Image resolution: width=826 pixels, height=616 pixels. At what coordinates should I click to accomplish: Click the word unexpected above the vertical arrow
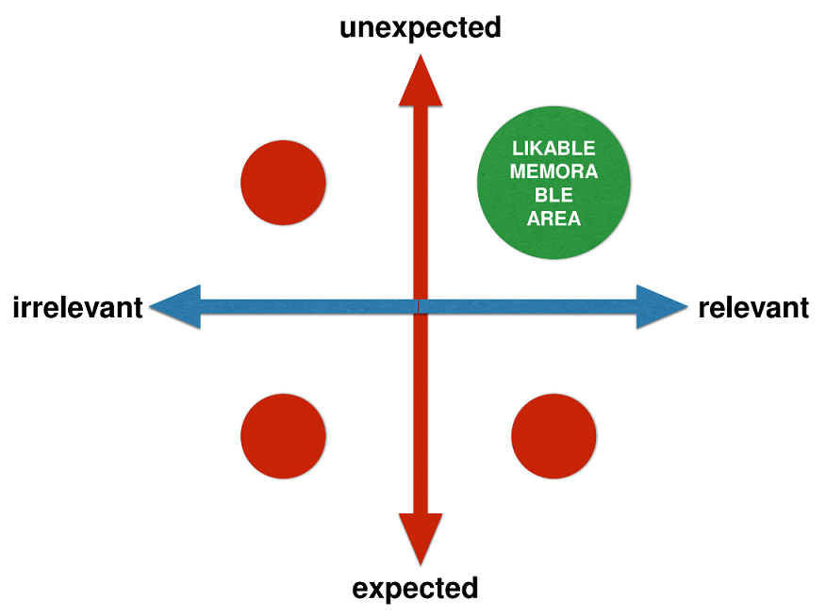420,28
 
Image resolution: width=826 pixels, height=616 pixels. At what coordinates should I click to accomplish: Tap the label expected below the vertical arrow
415,589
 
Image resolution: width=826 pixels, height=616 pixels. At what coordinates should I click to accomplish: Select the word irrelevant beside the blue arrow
77,307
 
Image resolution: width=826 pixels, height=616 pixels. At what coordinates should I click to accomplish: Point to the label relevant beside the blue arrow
753,307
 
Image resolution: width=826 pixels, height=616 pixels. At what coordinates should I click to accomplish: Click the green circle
553,183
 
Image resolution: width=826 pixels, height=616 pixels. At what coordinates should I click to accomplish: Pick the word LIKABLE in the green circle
553,148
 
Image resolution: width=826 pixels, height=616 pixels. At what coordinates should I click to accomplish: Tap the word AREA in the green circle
553,219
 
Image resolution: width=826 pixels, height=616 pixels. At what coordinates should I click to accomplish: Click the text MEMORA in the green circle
553,171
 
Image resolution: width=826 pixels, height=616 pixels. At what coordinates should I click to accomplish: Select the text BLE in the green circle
553,195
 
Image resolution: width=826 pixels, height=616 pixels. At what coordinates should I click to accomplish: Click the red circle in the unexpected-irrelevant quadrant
284,183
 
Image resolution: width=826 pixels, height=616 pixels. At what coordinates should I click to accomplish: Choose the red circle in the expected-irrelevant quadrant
284,436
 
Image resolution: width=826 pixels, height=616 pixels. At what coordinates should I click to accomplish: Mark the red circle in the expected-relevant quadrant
553,436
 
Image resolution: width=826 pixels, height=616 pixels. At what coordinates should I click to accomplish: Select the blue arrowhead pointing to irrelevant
174,307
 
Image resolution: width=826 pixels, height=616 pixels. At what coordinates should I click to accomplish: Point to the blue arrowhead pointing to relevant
662,307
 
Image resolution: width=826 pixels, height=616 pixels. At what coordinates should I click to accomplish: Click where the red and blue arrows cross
421,307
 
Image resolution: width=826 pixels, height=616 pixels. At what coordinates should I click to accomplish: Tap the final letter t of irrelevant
138,308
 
